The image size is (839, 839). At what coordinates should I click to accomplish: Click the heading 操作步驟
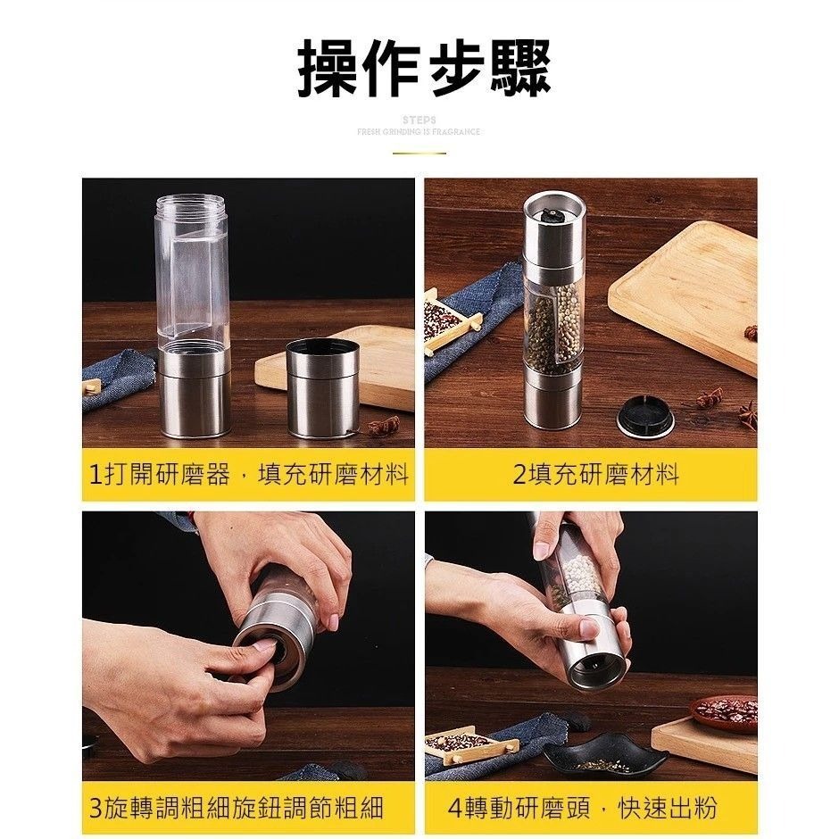point(424,68)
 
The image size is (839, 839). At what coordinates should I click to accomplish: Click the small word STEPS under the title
point(419,119)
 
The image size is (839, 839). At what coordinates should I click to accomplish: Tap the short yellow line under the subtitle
point(419,154)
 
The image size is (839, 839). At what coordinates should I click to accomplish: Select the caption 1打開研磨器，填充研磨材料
point(249,475)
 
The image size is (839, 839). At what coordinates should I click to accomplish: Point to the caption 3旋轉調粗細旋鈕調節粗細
point(237,809)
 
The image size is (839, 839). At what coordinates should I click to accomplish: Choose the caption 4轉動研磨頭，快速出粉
point(583,809)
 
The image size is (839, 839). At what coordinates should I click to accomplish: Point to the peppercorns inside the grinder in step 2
point(553,326)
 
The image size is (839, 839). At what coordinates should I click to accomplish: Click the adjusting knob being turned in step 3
point(268,656)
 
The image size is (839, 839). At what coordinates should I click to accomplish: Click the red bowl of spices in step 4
point(724,711)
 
